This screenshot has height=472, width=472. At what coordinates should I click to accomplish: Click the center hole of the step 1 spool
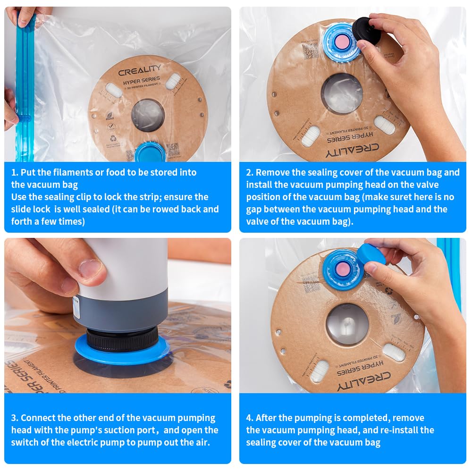point(148,115)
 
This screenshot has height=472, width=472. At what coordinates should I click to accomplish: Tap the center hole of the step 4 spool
point(347,323)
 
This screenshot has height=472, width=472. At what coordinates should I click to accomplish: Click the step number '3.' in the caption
point(15,418)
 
